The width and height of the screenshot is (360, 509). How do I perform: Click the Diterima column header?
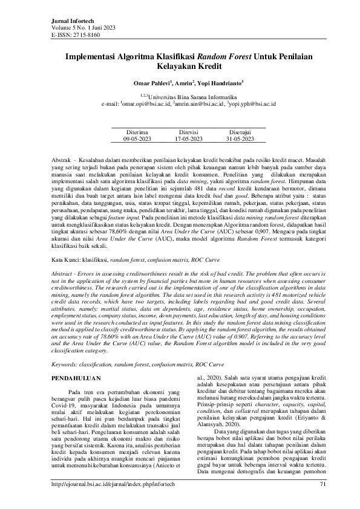coord(136,131)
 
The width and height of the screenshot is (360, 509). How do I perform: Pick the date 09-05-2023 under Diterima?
coord(136,138)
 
